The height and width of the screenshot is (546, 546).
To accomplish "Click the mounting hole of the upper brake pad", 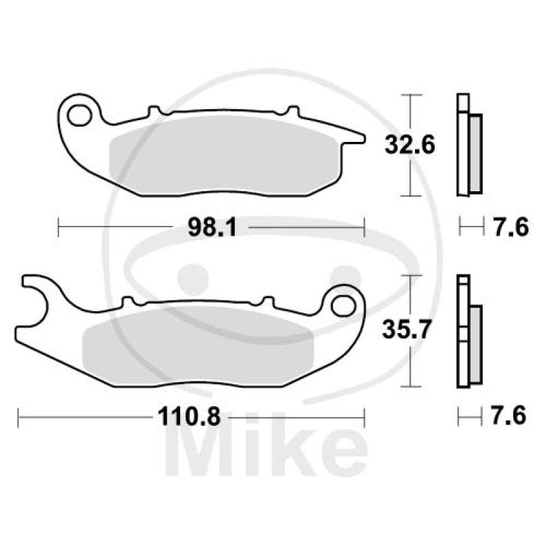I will pos(82,114).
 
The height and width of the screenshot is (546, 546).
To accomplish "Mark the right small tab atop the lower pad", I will pos(268,300).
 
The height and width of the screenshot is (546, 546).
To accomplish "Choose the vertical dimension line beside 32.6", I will pos(409,145).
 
